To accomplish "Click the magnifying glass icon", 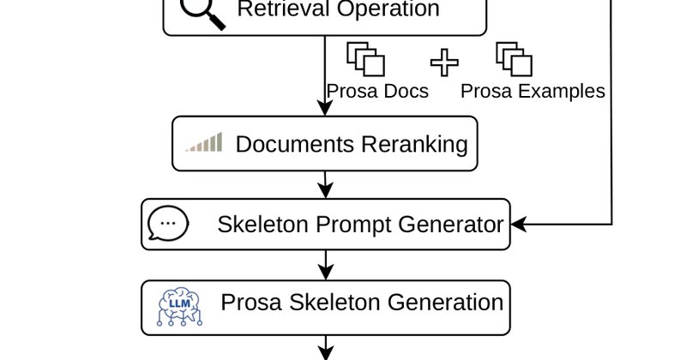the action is click(x=202, y=13).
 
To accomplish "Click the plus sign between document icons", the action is click(x=444, y=63).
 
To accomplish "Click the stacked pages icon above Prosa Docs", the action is click(x=366, y=59).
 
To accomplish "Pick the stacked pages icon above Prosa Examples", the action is click(x=514, y=59).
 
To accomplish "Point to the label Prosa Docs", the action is click(x=377, y=91).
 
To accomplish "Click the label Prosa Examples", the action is click(x=533, y=92).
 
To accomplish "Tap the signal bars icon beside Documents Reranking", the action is click(x=204, y=142).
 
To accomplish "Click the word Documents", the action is click(x=295, y=144).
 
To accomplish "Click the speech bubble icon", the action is click(x=168, y=223).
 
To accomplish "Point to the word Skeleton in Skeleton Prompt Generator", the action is click(x=263, y=225).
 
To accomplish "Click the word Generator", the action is click(x=451, y=225).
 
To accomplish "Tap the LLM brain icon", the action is click(x=179, y=307).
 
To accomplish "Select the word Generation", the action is click(x=445, y=303).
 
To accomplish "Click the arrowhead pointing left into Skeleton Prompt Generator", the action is click(x=519, y=225).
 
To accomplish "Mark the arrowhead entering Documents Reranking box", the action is click(x=325, y=108).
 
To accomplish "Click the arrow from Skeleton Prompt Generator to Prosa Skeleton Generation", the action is click(x=326, y=265).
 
